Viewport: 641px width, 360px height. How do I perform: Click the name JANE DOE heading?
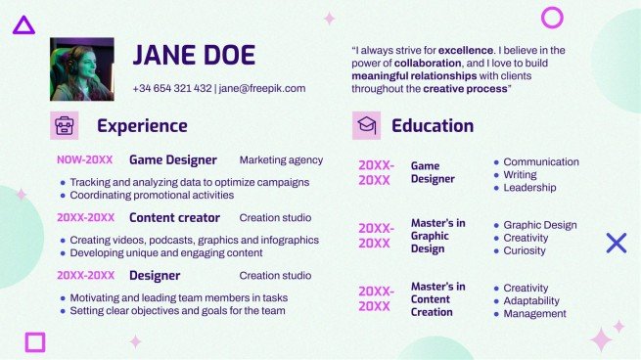[x=194, y=56]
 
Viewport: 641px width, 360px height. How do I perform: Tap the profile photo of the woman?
[x=82, y=69]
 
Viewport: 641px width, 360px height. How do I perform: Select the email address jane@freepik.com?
[x=262, y=88]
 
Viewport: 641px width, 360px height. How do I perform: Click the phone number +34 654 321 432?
[x=171, y=88]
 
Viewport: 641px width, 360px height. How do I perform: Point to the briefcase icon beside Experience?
[x=64, y=125]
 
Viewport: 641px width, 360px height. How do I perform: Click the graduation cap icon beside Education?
[x=366, y=125]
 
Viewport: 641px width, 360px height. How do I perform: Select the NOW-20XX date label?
[x=84, y=159]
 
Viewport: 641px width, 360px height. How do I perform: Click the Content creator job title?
[x=174, y=217]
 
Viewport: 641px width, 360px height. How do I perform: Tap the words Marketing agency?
[x=281, y=159]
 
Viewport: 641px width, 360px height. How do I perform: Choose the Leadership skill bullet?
[x=529, y=187]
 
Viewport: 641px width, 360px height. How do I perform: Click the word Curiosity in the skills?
[x=527, y=250]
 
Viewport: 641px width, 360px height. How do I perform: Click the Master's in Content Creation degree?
[x=437, y=299]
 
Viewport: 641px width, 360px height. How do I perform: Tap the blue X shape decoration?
[x=616, y=243]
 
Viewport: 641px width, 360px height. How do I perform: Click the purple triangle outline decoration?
[x=23, y=25]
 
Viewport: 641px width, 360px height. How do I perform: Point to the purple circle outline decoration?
[x=552, y=17]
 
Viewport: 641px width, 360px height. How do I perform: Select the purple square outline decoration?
[x=35, y=341]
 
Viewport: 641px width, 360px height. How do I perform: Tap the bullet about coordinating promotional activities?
[x=152, y=195]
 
